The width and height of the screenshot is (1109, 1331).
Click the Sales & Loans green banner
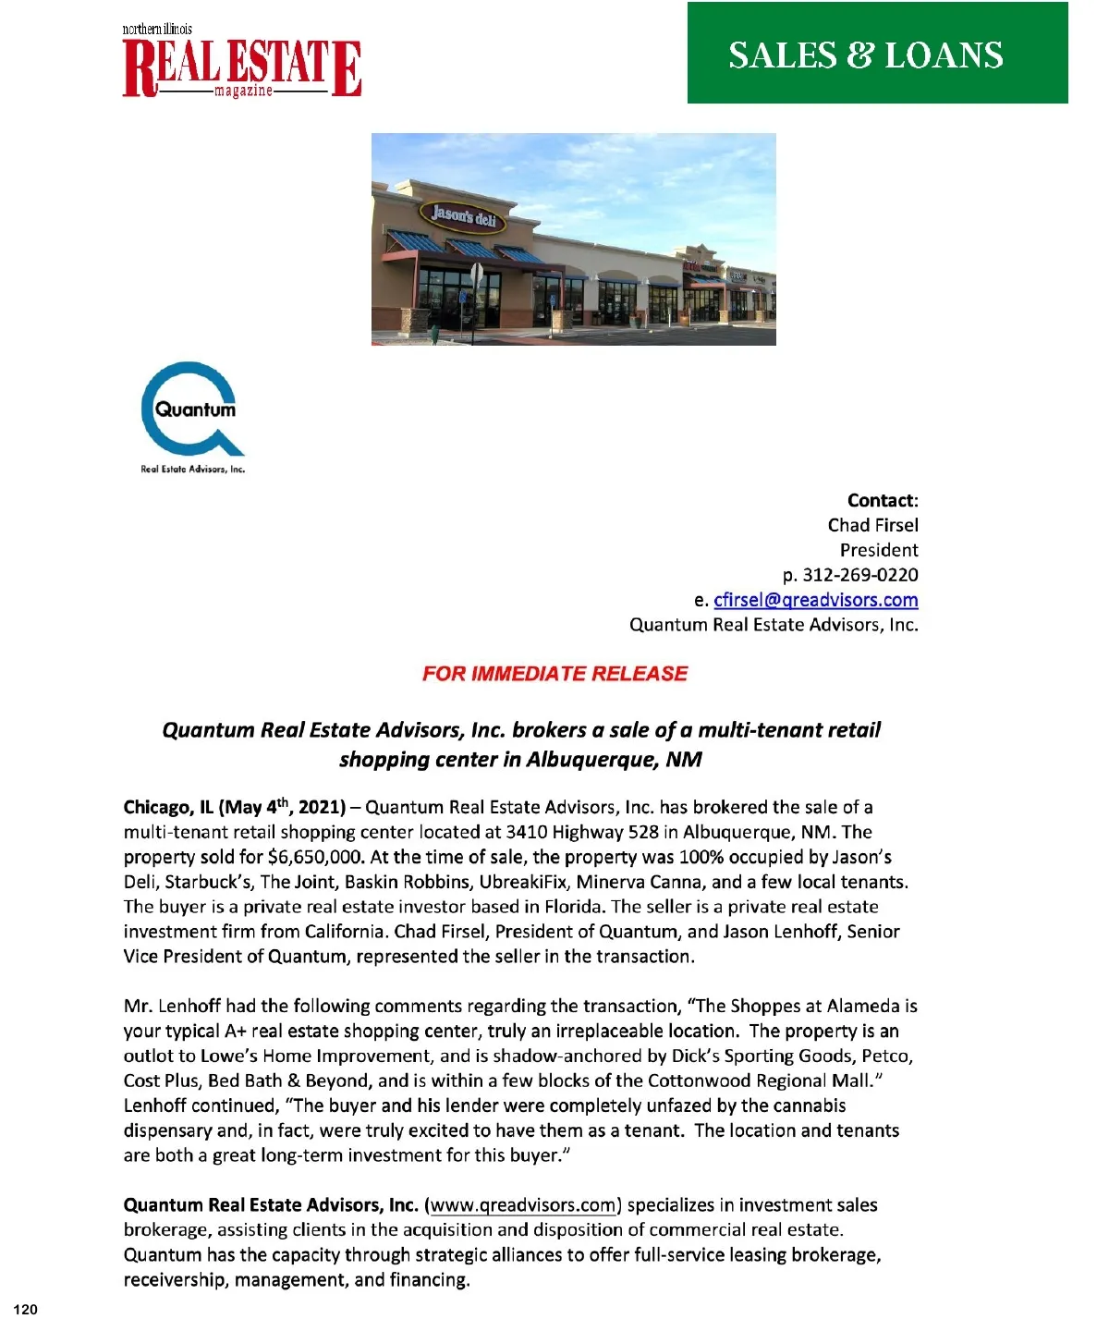[x=877, y=54]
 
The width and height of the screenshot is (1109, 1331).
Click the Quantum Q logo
[x=193, y=408]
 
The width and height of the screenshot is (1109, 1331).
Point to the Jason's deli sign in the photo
[x=464, y=216]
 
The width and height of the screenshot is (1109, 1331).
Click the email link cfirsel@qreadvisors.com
[x=815, y=600]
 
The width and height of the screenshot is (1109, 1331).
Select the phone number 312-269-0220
[x=859, y=575]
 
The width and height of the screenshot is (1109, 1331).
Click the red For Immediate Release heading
[x=554, y=674]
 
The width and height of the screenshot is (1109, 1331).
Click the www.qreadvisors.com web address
[x=523, y=1205]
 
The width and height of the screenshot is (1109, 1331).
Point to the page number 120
[x=27, y=1309]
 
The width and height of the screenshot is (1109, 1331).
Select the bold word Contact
[x=880, y=501]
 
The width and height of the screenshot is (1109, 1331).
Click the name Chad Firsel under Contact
[x=872, y=525]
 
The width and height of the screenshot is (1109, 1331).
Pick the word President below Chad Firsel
[x=878, y=550]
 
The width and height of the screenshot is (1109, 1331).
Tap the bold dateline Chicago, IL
[x=168, y=808]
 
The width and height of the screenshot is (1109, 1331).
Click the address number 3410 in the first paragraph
[x=526, y=833]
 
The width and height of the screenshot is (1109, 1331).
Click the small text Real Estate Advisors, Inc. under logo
[x=192, y=470]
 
